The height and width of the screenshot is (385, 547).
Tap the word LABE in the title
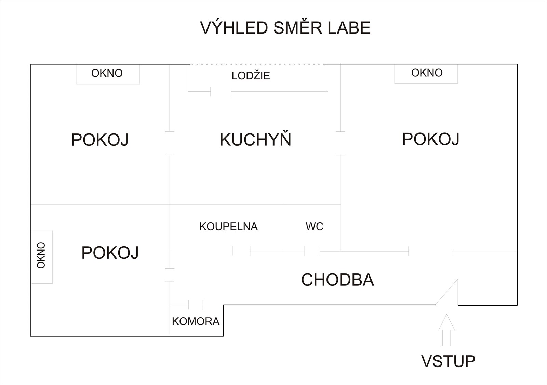coord(349,28)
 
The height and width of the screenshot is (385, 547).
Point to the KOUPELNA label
coord(229,227)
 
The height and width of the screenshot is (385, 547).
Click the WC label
coord(315,227)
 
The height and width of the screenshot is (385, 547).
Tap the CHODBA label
coord(338,280)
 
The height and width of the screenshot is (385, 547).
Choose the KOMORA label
coord(196,321)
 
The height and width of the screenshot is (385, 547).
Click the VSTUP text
coord(448,361)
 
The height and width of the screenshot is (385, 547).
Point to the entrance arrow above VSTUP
coord(446,330)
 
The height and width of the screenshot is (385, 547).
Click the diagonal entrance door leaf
coord(447,292)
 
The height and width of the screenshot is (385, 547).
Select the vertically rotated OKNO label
coord(41,255)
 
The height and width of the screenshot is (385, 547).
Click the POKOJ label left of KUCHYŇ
coord(100,140)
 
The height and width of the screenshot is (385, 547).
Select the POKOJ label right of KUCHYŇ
coord(431,139)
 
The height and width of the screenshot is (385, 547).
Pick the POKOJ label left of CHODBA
coord(110,253)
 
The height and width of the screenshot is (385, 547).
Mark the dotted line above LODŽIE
coord(256,64)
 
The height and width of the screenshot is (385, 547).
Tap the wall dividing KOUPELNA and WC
coord(284,228)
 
